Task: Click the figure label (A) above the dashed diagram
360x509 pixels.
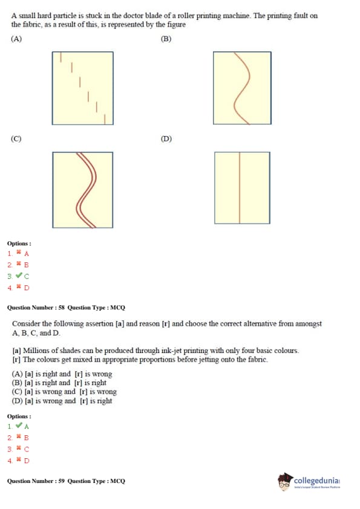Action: click(16, 39)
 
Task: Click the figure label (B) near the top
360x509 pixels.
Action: click(166, 39)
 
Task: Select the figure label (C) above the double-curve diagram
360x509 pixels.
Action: click(16, 139)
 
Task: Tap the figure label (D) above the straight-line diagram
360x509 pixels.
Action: click(166, 139)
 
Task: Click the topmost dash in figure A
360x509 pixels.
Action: click(61, 57)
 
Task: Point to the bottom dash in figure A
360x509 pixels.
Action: click(105, 119)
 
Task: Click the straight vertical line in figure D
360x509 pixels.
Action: click(240, 187)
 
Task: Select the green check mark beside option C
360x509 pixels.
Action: click(19, 276)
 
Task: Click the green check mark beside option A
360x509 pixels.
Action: click(19, 426)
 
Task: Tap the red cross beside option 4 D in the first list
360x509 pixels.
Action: click(19, 287)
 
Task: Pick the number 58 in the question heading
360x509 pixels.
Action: click(61, 308)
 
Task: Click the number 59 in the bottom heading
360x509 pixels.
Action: click(61, 481)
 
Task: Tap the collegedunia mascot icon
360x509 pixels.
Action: click(285, 482)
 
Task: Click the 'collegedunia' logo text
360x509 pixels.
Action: click(317, 480)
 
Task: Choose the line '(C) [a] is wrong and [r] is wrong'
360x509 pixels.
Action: click(64, 392)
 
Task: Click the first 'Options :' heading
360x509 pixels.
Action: click(19, 244)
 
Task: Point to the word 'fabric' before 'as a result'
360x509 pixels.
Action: click(32, 25)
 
